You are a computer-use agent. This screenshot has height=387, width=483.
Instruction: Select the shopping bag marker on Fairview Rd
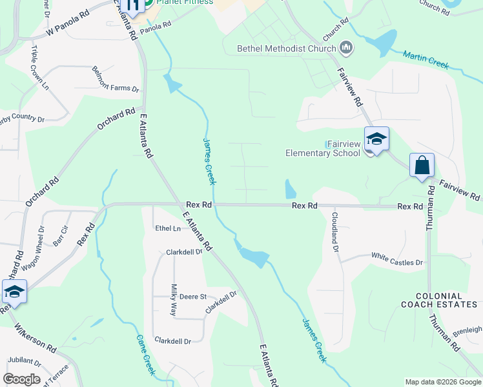[x=422, y=165]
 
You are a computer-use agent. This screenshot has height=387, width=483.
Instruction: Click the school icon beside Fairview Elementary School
[x=376, y=139]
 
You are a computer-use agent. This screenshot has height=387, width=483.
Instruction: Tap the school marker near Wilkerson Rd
[x=14, y=292]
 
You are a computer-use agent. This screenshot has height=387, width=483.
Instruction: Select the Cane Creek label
[x=146, y=355]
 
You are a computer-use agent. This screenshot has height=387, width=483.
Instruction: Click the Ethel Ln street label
[x=167, y=228]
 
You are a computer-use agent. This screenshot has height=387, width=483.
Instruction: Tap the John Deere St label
[x=189, y=297]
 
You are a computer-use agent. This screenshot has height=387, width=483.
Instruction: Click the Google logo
[x=21, y=379]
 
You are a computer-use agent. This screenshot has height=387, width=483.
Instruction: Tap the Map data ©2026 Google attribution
[x=442, y=382]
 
